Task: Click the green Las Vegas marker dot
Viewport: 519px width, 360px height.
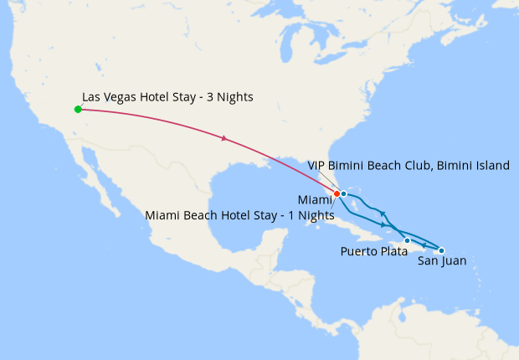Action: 78,109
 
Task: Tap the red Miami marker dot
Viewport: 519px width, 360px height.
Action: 337,193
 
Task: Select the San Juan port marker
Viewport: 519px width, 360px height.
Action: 441,250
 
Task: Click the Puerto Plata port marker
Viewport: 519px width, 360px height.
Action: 407,241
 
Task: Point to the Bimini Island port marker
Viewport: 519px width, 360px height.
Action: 344,193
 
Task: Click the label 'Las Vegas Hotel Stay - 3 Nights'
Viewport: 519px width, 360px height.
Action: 167,97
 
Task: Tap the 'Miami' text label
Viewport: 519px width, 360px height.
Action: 315,199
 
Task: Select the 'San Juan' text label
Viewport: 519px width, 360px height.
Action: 442,261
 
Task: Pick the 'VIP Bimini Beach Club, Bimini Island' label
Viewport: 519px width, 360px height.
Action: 409,166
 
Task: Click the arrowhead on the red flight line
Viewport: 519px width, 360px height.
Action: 224,138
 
